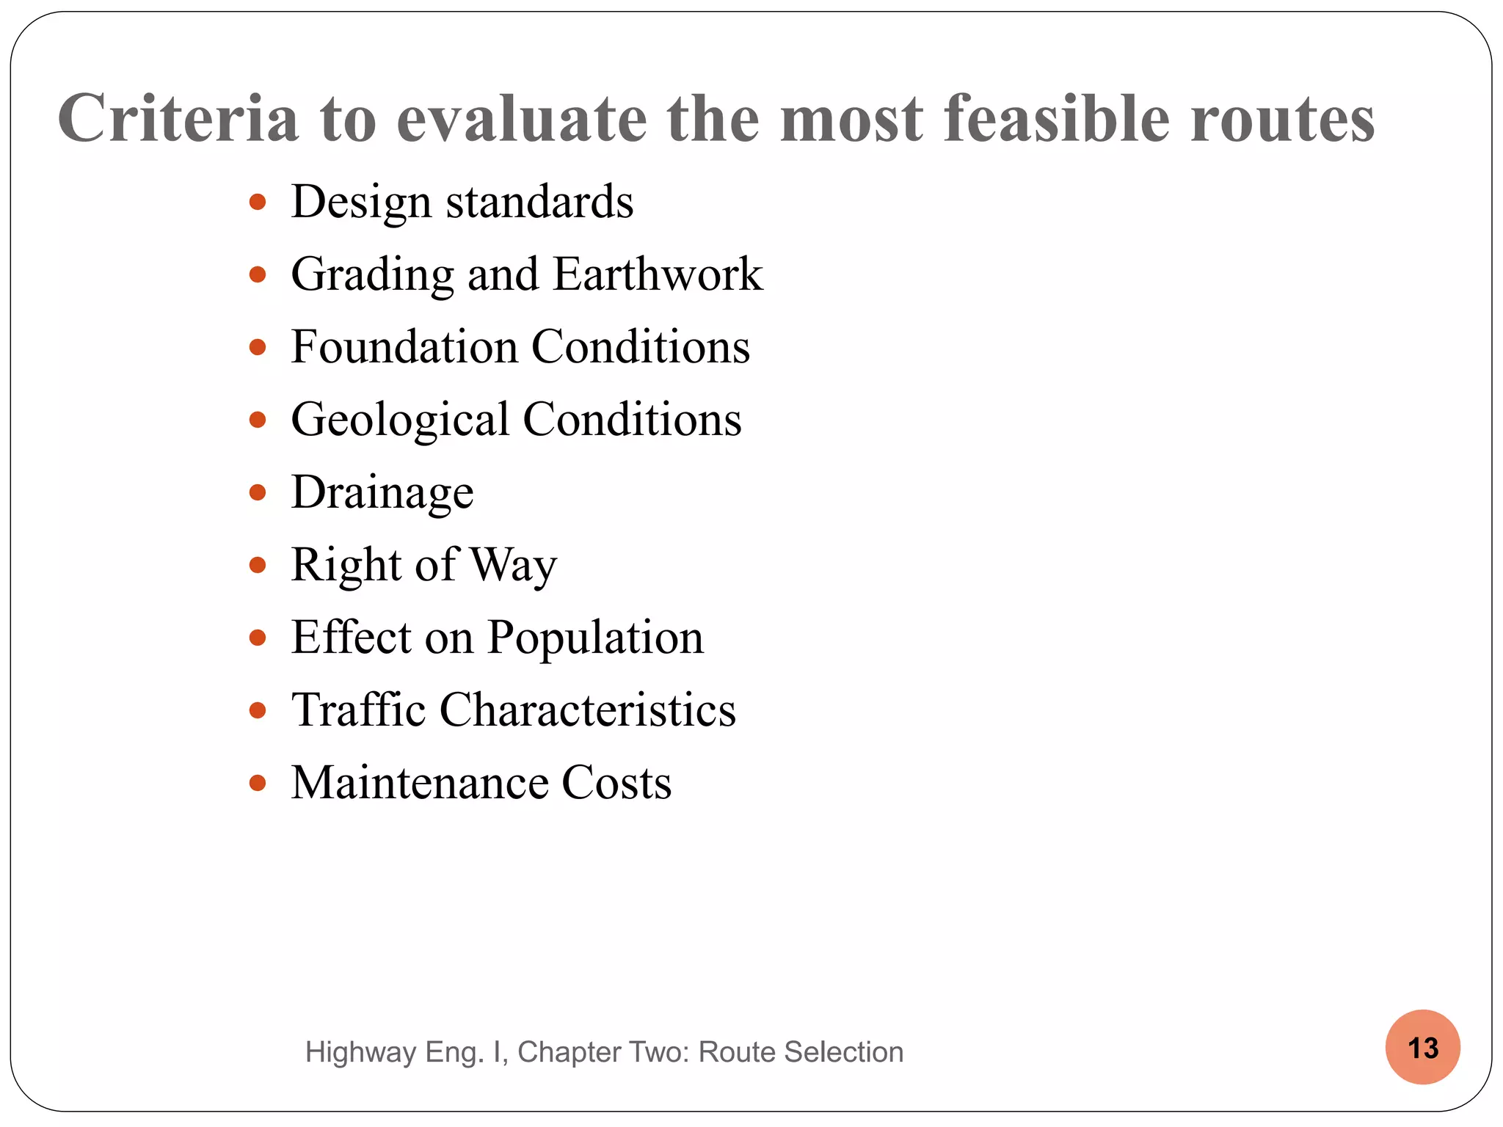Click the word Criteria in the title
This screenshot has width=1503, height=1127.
tap(178, 118)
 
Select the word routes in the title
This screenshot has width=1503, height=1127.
tap(1282, 120)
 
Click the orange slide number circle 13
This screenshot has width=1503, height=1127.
tap(1422, 1047)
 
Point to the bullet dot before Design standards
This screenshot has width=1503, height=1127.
tap(257, 202)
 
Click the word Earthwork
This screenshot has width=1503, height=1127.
tap(658, 274)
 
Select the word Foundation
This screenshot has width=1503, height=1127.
tap(404, 346)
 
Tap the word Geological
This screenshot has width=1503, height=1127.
tap(400, 420)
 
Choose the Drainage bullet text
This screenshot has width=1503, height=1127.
tap(382, 492)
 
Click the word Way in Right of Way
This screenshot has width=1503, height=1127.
tap(513, 565)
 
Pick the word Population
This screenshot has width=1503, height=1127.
tap(595, 637)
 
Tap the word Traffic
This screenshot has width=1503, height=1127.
tap(358, 710)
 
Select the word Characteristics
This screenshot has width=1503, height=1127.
tap(587, 710)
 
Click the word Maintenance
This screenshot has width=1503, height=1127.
tap(420, 782)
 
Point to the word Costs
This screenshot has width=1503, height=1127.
tap(616, 782)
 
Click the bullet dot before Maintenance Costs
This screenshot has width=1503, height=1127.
tap(257, 783)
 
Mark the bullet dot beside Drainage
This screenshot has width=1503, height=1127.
tap(257, 492)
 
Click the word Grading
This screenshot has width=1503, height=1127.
tap(373, 275)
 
